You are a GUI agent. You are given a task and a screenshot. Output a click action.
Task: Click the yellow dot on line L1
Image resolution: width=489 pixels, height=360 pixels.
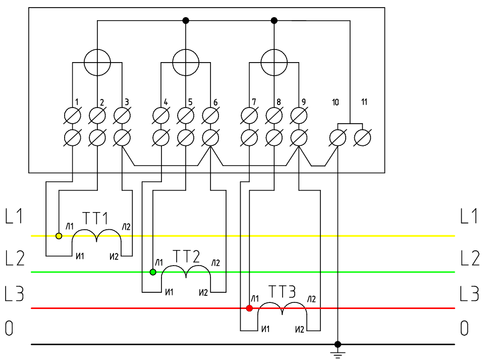click(x=59, y=236)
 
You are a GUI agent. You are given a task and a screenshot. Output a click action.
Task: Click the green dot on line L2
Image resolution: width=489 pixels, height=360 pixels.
click(x=153, y=272)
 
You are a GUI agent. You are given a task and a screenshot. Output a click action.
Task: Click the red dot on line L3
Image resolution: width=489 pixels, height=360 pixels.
click(x=249, y=308)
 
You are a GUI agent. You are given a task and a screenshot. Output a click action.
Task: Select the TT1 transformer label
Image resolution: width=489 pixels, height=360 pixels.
click(x=96, y=219)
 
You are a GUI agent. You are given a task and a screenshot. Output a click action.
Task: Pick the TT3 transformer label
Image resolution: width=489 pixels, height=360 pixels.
click(x=282, y=292)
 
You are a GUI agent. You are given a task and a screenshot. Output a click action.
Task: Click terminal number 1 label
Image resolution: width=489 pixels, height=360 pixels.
click(x=77, y=102)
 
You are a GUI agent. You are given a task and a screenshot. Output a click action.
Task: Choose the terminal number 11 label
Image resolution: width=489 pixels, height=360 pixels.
click(x=364, y=102)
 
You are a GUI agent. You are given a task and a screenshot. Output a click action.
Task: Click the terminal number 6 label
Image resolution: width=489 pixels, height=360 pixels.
click(x=215, y=102)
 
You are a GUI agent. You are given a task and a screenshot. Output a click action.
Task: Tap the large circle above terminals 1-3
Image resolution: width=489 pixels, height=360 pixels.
click(x=97, y=63)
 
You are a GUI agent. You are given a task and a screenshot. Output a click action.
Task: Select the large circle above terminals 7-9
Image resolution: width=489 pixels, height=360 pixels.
click(x=274, y=63)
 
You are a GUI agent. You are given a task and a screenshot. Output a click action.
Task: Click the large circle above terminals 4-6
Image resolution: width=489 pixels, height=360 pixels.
click(x=186, y=63)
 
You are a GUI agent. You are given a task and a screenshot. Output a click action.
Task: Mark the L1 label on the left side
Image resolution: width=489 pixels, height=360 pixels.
click(x=14, y=217)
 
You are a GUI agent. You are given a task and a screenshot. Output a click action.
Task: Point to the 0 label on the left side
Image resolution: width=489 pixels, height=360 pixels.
click(x=9, y=329)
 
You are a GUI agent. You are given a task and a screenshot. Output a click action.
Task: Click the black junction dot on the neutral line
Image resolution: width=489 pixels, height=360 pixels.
click(x=338, y=344)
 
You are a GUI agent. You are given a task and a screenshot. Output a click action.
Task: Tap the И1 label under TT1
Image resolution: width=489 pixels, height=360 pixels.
click(x=79, y=256)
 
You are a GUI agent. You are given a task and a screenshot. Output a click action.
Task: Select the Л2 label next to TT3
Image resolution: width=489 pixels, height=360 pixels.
click(x=311, y=298)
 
